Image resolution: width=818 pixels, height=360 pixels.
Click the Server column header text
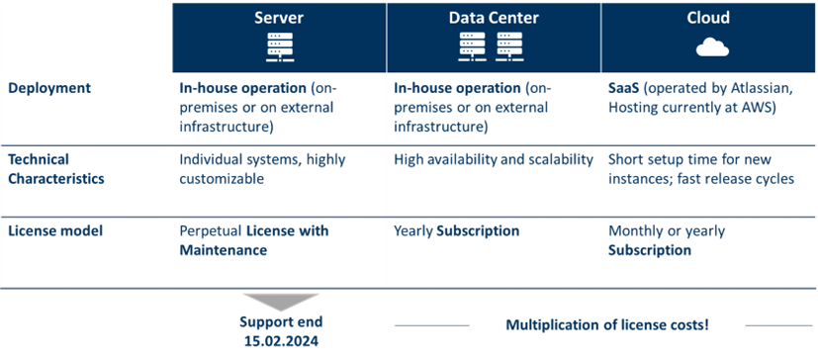pyautogui.click(x=280, y=19)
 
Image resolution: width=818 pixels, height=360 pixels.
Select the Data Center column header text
pyautogui.click(x=494, y=19)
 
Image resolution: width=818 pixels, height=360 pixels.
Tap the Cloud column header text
pyautogui.click(x=708, y=19)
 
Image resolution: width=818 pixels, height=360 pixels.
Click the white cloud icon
pyautogui.click(x=710, y=46)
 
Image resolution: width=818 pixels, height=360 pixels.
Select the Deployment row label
pyautogui.click(x=49, y=88)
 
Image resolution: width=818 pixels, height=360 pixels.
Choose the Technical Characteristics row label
pyautogui.click(x=53, y=168)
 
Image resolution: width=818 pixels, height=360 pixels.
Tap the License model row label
pyautogui.click(x=54, y=231)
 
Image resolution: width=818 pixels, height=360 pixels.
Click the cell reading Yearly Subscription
pyautogui.click(x=456, y=231)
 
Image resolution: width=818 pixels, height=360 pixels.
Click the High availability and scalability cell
pyautogui.click(x=494, y=159)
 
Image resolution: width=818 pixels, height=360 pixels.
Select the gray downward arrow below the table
pyautogui.click(x=281, y=301)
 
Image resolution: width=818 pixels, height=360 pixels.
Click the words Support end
pyautogui.click(x=281, y=322)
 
